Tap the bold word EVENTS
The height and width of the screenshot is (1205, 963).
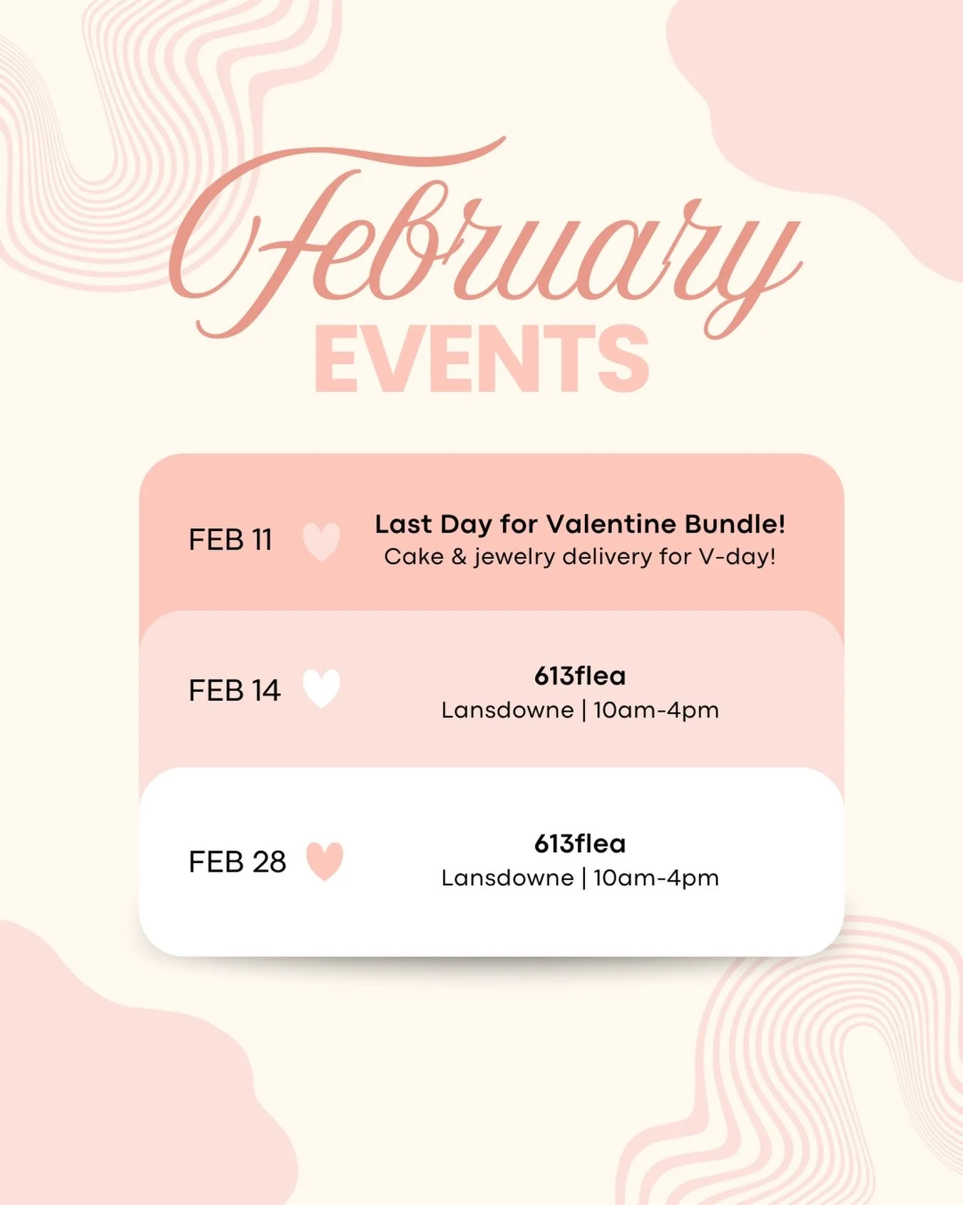tap(481, 359)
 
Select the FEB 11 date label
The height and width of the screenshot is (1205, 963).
tap(230, 540)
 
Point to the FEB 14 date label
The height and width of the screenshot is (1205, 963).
tap(235, 691)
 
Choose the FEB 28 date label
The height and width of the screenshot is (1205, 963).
tap(238, 862)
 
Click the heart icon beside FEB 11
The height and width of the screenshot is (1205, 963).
tap(322, 541)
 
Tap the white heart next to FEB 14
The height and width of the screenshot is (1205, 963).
tap(322, 689)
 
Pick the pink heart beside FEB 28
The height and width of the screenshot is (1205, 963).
tap(325, 861)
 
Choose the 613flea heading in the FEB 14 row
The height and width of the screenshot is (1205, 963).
tap(580, 676)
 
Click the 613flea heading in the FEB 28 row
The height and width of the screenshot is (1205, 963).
tap(580, 844)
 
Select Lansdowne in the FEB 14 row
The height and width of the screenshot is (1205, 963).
tap(507, 710)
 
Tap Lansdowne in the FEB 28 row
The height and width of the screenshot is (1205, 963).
tap(507, 878)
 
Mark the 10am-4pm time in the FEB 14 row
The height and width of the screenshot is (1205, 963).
tap(656, 710)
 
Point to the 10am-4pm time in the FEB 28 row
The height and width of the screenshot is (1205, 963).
tap(656, 878)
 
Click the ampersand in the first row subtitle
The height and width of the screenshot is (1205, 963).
tap(459, 557)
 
